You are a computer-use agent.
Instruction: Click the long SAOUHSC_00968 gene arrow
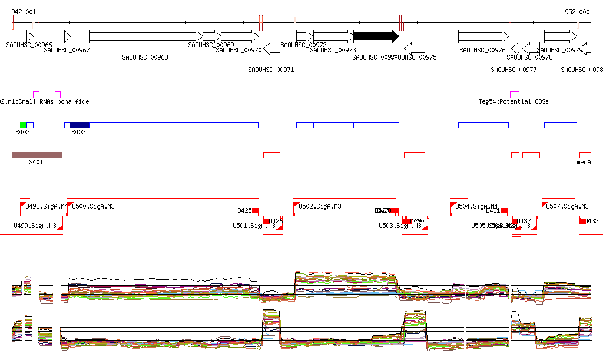pos(145,37)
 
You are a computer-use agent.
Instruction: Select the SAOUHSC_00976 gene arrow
pos(483,37)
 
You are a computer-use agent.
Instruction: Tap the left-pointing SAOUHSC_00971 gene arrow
pos(272,49)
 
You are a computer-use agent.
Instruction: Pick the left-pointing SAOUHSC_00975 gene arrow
pos(415,49)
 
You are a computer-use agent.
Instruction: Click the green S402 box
pos(24,125)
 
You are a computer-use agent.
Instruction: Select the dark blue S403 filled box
pos(79,125)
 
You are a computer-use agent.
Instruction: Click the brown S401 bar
pos(37,155)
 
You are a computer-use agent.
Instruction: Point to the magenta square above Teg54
pos(515,95)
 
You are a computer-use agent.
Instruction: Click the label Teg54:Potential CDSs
pos(513,101)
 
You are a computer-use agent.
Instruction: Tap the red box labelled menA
pos(585,155)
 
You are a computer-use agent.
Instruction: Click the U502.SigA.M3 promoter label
pos(320,207)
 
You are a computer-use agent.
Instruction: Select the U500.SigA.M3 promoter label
pos(93,207)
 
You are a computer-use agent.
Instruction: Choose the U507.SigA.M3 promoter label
pos(567,207)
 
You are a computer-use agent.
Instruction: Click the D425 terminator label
pos(244,210)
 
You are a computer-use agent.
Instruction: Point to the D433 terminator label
pos(591,221)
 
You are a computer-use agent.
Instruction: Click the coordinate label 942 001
pos(24,12)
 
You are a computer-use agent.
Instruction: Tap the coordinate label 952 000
pos(577,12)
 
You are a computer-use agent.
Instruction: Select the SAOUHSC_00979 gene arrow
pos(560,37)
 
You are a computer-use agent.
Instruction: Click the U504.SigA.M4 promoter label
pos(476,207)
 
